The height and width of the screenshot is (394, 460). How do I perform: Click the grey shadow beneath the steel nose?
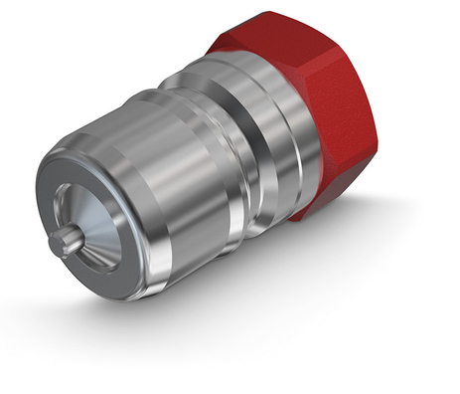pyautogui.click(x=149, y=328)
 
